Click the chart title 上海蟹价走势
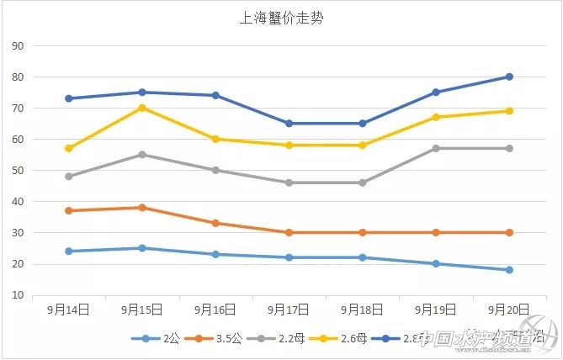click(x=281, y=17)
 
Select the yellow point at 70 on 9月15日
click(x=141, y=108)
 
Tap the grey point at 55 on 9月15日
click(x=141, y=155)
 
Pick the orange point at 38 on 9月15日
click(x=141, y=208)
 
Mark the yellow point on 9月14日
click(x=68, y=148)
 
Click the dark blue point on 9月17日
click(x=289, y=124)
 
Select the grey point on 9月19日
click(x=436, y=148)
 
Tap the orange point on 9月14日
click(x=68, y=210)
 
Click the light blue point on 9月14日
click(x=68, y=251)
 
